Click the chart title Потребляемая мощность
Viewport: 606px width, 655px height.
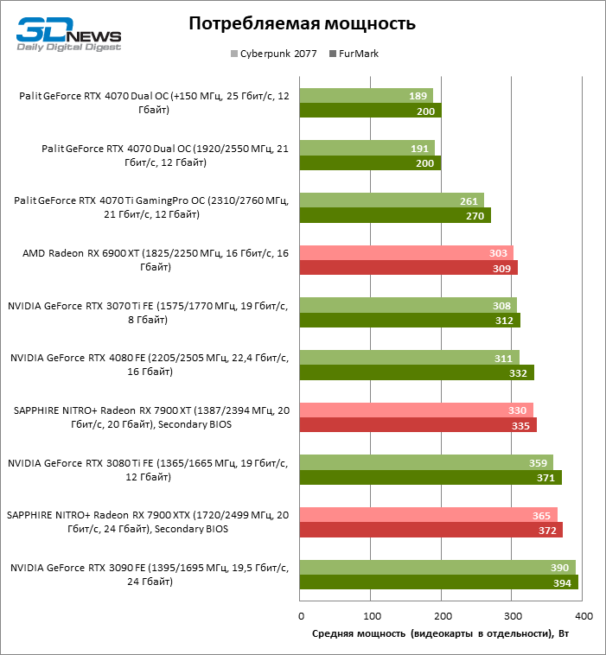coord(302,23)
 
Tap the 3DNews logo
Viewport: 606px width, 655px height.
coord(68,35)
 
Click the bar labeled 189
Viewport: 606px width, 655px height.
coord(367,96)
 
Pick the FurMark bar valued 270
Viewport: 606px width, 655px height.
coord(395,215)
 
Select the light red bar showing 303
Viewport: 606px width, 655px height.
coord(406,252)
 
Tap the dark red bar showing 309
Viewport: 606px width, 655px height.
coord(409,268)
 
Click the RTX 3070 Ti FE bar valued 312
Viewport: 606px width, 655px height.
coord(410,320)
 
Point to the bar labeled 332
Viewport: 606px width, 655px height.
coord(417,372)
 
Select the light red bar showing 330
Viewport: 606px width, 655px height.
coord(416,410)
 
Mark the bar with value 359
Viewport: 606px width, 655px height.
coord(426,461)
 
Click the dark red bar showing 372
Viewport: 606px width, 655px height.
coord(431,530)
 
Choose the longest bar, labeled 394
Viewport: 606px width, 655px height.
coord(438,582)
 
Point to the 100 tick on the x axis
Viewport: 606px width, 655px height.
coord(371,616)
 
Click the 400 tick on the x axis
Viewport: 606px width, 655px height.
coord(583,616)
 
